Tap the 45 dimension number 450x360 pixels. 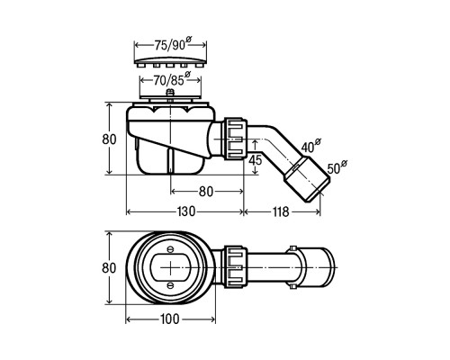click(x=256, y=160)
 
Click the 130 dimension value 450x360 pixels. click(x=186, y=211)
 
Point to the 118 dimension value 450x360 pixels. click(x=281, y=211)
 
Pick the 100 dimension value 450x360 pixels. click(x=170, y=319)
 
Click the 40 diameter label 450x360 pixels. click(x=310, y=146)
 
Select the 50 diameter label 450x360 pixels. click(x=337, y=167)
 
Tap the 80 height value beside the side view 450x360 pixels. click(x=109, y=139)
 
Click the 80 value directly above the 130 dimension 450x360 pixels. click(x=206, y=192)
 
